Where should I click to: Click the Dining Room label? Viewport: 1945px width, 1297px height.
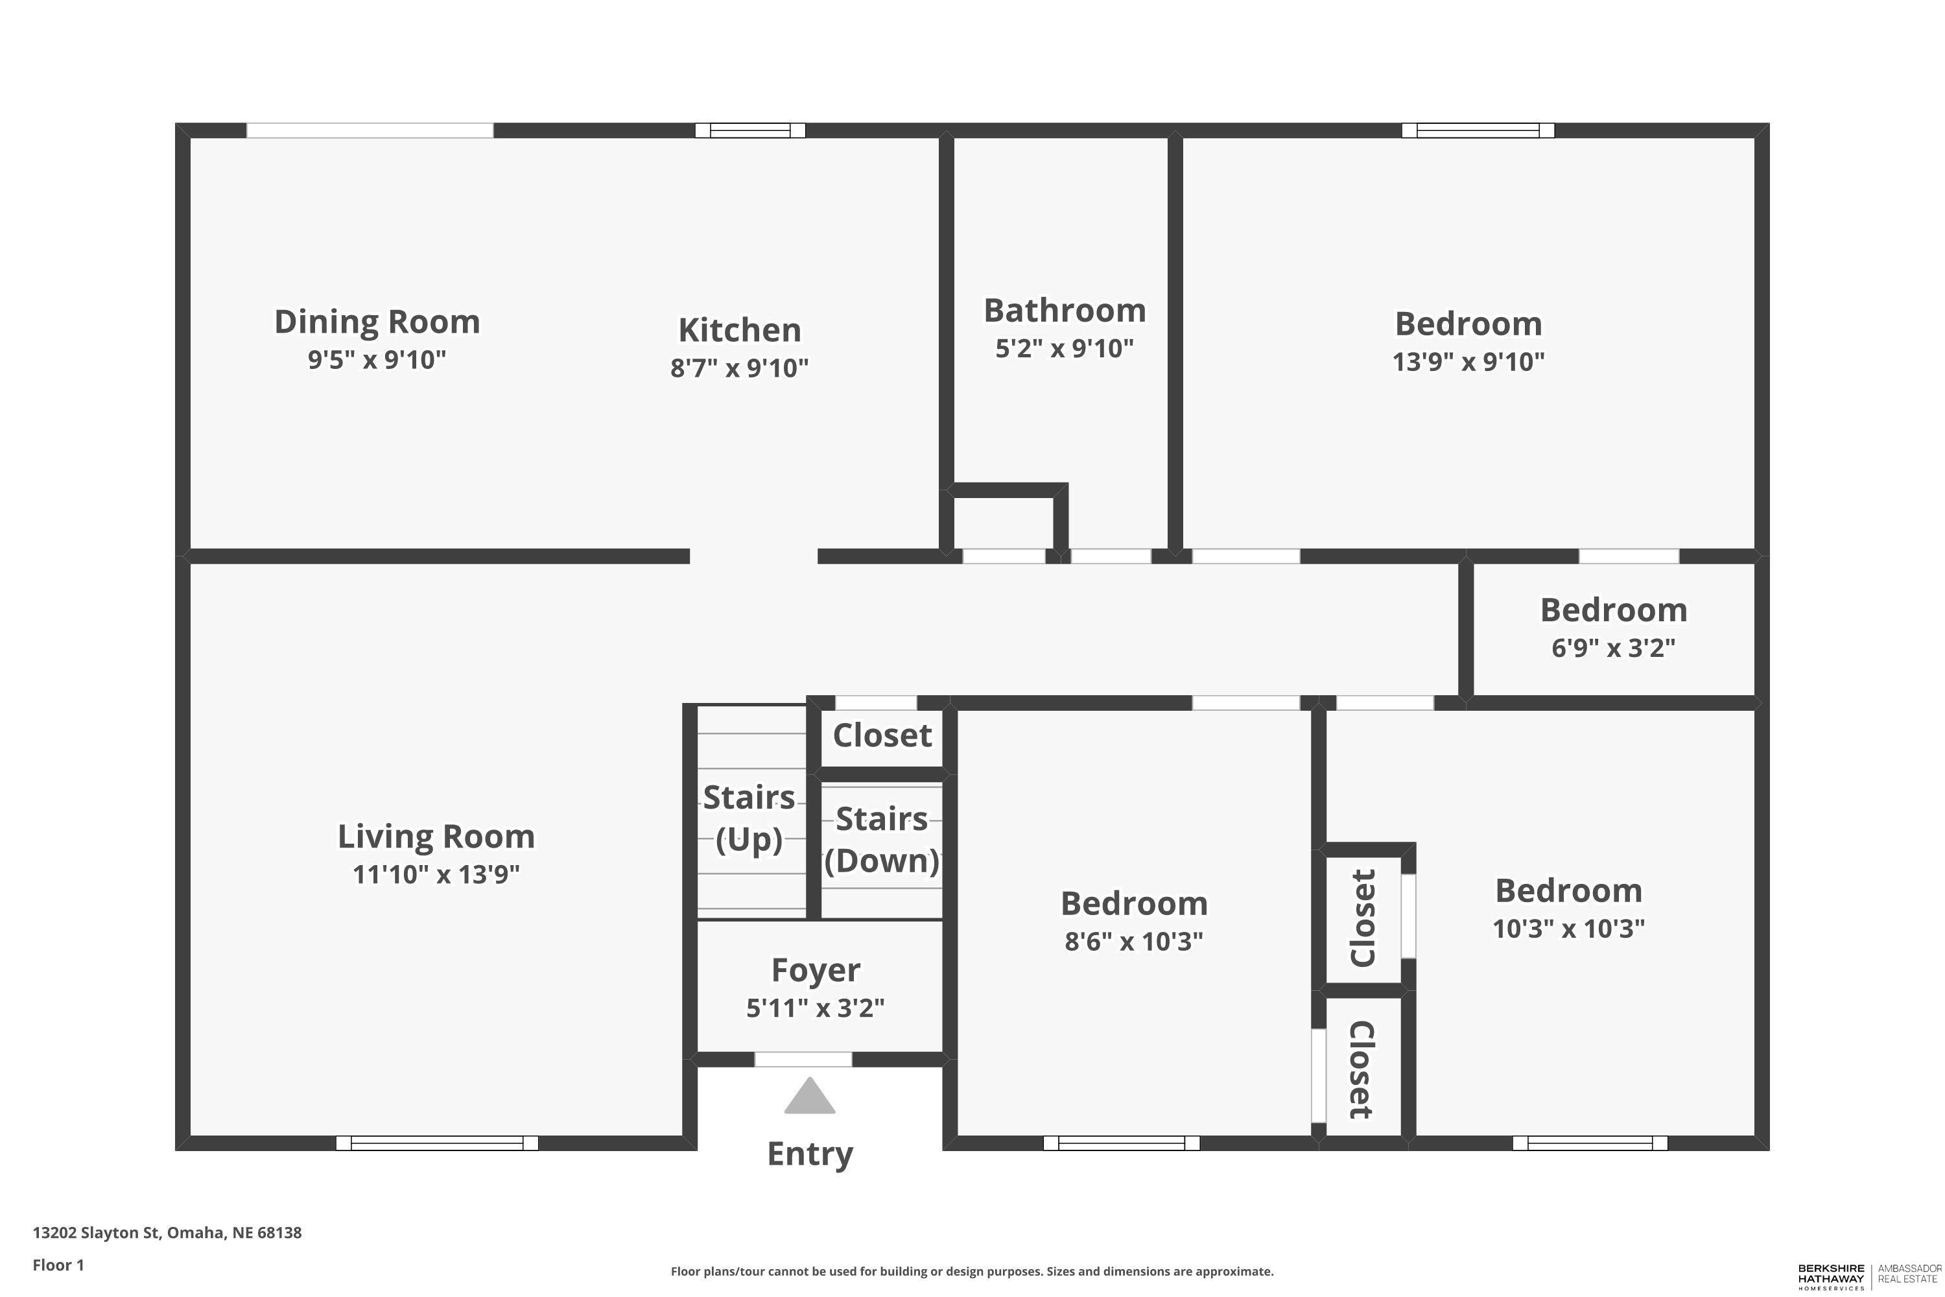point(377,322)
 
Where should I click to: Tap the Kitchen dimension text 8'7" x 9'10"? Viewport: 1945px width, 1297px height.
point(739,367)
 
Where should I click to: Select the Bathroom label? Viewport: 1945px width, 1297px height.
point(1065,311)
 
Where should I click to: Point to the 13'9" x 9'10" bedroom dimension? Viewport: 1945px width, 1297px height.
point(1468,361)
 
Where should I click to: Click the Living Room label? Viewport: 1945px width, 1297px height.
point(436,837)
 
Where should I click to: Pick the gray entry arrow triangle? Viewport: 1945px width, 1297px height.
point(810,1095)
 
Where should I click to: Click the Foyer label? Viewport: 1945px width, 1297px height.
point(816,970)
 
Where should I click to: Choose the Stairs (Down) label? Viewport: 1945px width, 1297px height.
point(882,840)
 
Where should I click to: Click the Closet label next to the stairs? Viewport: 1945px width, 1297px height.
point(882,735)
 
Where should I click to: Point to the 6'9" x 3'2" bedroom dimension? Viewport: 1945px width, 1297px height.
point(1614,648)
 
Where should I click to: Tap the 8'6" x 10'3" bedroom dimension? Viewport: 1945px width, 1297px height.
point(1134,942)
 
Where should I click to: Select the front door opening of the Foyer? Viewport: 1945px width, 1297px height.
point(803,1060)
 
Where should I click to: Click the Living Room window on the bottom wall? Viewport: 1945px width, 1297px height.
point(436,1143)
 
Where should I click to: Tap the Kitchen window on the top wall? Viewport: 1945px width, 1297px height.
point(750,130)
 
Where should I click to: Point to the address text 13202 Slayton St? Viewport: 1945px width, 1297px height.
point(97,1233)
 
